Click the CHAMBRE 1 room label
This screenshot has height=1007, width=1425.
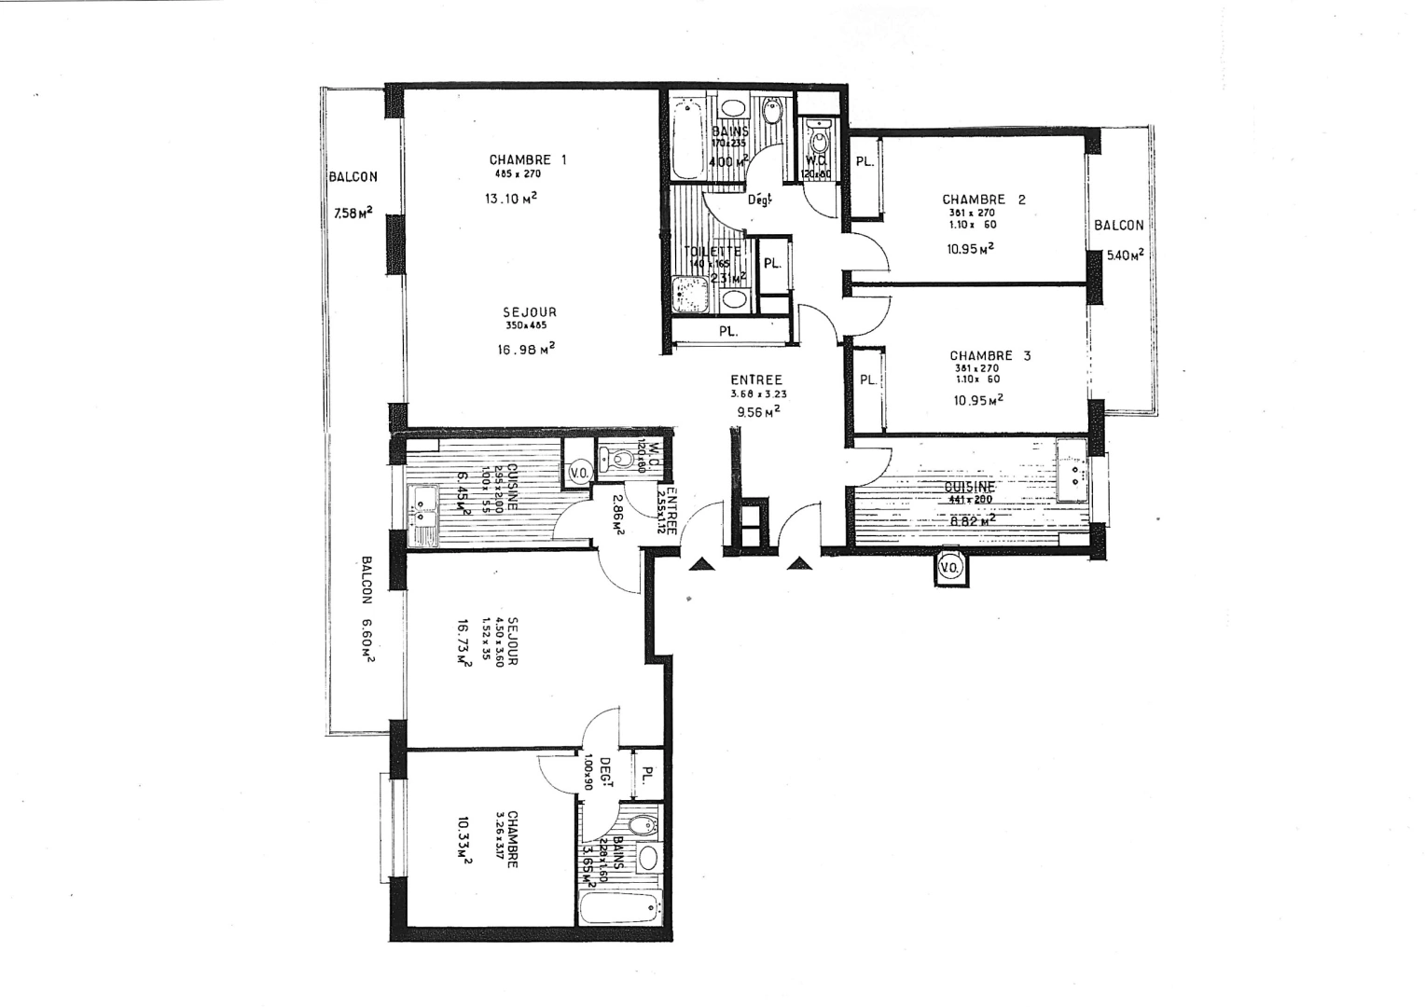pyautogui.click(x=527, y=159)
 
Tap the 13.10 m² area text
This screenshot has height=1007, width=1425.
pyautogui.click(x=510, y=198)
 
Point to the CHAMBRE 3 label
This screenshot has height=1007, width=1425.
pyautogui.click(x=989, y=355)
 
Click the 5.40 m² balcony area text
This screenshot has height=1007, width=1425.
pyautogui.click(x=1125, y=254)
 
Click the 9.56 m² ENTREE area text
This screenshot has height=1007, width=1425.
pyautogui.click(x=757, y=410)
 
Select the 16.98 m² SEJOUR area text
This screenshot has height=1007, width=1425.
pyautogui.click(x=526, y=349)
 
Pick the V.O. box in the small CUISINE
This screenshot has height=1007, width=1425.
pyautogui.click(x=578, y=473)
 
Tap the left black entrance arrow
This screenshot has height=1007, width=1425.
pyautogui.click(x=701, y=563)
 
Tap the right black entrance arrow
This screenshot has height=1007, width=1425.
pyautogui.click(x=800, y=563)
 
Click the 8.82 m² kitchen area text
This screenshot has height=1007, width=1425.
pyautogui.click(x=971, y=520)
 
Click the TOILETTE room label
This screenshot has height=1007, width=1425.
pyautogui.click(x=712, y=252)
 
